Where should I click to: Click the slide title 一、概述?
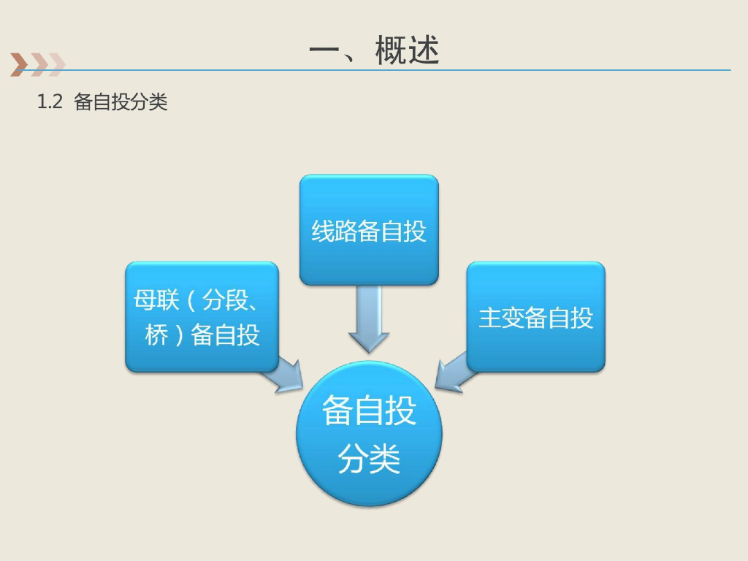point(374,51)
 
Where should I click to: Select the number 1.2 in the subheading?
point(50,102)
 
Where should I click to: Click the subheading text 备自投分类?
point(121,102)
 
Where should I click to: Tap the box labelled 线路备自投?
point(369,230)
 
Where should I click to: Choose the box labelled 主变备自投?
point(535,317)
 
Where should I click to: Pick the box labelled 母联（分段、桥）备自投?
point(202,317)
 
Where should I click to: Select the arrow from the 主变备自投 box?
point(453,373)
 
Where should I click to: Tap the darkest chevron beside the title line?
point(18,65)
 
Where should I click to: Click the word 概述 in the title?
point(408,51)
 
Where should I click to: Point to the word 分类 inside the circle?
point(369,459)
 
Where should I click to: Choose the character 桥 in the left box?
point(156,335)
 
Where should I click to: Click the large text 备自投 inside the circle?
point(369,411)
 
